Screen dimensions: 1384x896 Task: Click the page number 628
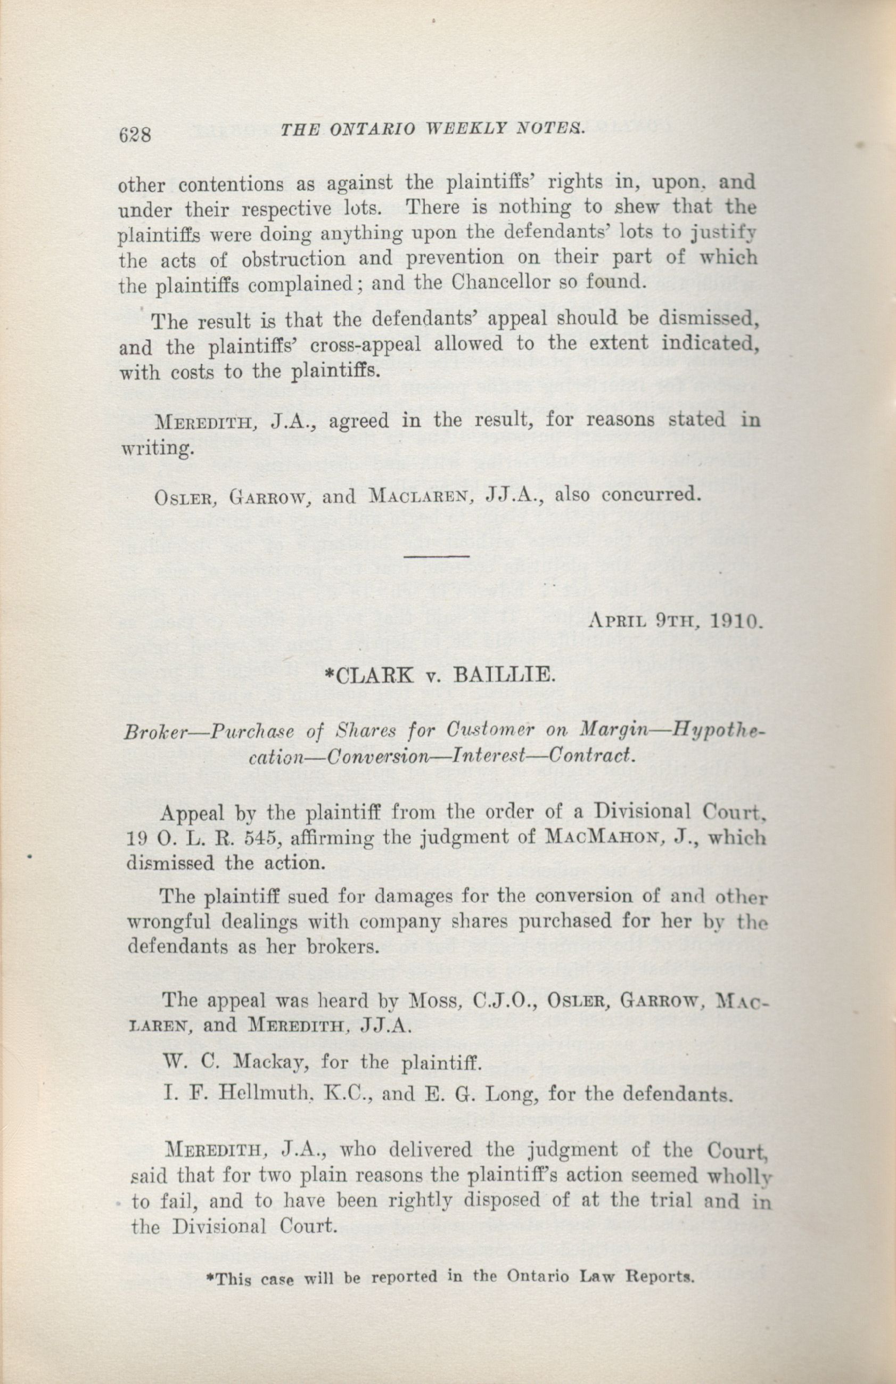tap(134, 135)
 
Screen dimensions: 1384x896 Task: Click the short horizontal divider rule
tap(436, 556)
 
